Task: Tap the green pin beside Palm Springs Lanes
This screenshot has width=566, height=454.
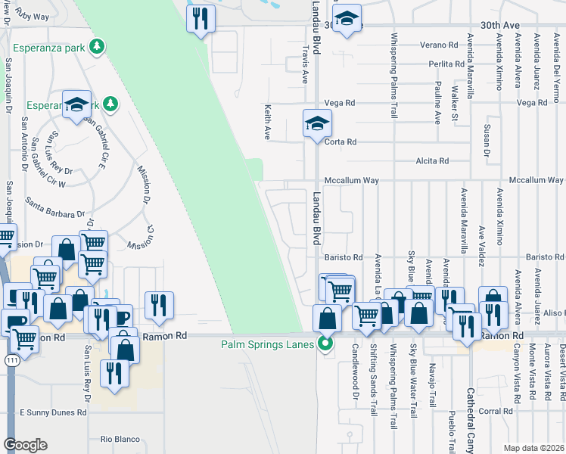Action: [x=326, y=344]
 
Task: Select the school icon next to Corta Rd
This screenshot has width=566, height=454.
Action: [x=317, y=123]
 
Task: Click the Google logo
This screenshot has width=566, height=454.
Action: [x=26, y=445]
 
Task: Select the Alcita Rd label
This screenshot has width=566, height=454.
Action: [x=433, y=161]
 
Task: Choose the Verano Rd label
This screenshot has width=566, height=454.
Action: [x=444, y=45]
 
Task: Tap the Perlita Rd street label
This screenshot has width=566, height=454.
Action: [x=444, y=64]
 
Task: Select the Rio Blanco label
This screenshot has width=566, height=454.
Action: [x=117, y=439]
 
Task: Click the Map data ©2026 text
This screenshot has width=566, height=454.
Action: [x=533, y=448]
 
